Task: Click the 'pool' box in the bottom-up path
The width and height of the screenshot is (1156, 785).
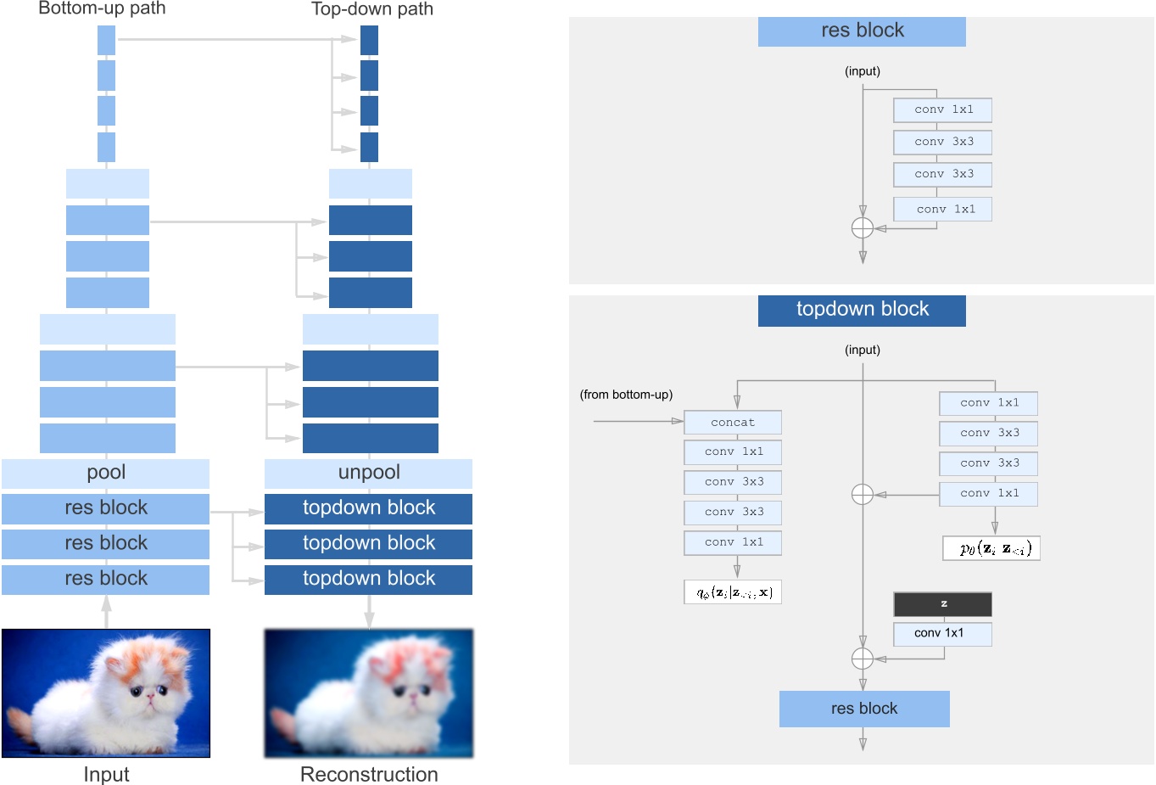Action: pos(106,473)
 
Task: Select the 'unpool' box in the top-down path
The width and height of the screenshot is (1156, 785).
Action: pos(369,473)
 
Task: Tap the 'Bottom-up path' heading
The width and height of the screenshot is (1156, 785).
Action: pos(102,9)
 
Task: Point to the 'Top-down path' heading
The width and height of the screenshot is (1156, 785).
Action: pos(372,9)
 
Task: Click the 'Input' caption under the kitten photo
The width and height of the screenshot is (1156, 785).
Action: pos(106,774)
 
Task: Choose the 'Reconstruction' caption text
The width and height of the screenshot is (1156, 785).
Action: pos(369,774)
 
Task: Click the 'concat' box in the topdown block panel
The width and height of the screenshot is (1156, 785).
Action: pos(733,422)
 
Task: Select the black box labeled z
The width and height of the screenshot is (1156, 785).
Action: pos(942,604)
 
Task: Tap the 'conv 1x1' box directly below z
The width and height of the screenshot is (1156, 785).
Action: pos(942,633)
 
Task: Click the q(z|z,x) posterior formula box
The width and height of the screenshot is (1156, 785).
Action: pos(733,592)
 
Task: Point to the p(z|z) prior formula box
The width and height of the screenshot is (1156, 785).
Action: pos(991,548)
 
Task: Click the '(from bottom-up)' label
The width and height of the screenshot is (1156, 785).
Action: pos(626,395)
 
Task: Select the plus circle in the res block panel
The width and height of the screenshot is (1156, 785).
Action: pos(863,228)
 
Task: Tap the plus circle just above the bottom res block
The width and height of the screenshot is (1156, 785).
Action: pos(863,659)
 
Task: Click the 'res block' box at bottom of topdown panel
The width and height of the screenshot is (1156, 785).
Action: pos(864,709)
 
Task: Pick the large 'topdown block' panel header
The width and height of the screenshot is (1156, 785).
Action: pos(862,310)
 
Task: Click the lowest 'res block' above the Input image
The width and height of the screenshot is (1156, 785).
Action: pos(106,579)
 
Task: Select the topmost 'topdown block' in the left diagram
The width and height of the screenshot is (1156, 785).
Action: pos(369,508)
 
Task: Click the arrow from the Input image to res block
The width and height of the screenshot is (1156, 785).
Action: pos(106,611)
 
